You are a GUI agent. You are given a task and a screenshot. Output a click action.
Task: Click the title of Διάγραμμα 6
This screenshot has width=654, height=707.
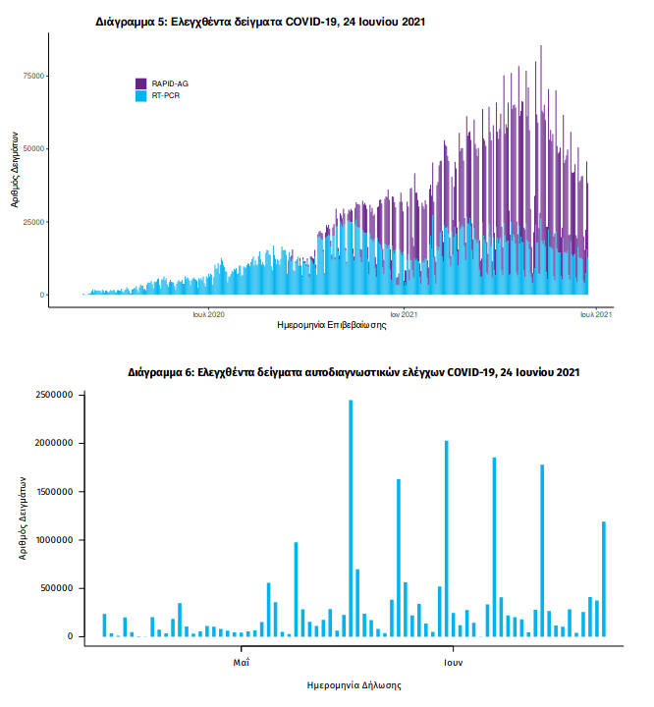pyautogui.click(x=354, y=373)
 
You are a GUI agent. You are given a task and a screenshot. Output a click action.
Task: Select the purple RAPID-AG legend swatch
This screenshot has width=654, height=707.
pyautogui.click(x=141, y=83)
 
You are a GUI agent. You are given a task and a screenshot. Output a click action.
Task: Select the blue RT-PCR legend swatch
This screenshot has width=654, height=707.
pyautogui.click(x=141, y=95)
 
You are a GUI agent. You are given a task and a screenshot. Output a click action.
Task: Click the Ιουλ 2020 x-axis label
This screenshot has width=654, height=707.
pyautogui.click(x=208, y=314)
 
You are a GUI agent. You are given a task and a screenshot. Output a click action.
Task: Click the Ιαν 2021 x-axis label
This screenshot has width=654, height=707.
pyautogui.click(x=404, y=314)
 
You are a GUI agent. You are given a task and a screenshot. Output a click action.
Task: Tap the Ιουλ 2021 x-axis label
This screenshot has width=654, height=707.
pyautogui.click(x=596, y=314)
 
